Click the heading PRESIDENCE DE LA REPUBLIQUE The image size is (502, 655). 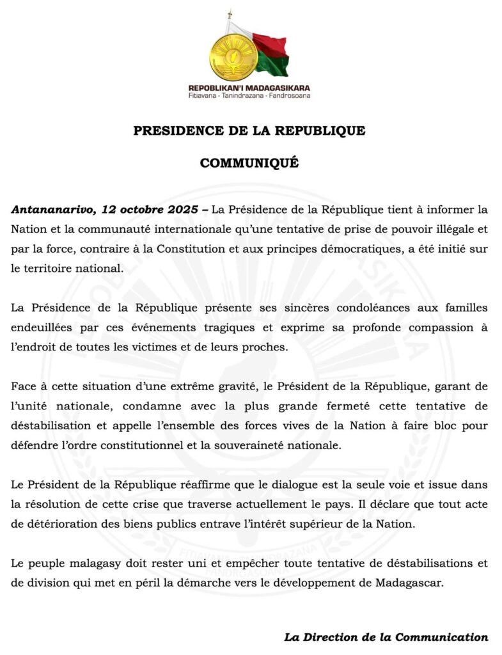click(x=249, y=130)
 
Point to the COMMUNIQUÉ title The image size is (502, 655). click(x=249, y=163)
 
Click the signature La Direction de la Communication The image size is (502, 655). click(x=386, y=637)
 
